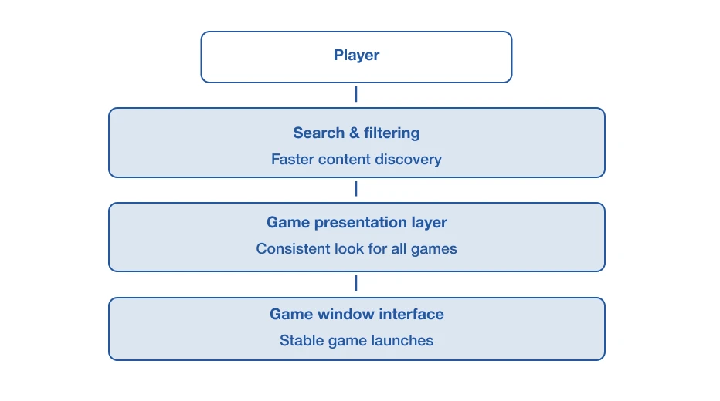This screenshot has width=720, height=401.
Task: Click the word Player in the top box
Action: tap(356, 55)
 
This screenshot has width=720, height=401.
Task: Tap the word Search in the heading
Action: tap(319, 133)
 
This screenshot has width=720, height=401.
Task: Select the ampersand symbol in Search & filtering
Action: tap(354, 133)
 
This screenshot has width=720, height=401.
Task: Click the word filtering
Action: tap(392, 133)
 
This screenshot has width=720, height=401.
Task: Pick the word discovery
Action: tap(408, 160)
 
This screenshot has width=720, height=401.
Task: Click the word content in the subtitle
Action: tap(344, 160)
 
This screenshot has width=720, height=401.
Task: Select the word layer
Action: tap(430, 223)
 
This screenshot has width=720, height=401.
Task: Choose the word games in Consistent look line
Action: tap(434, 249)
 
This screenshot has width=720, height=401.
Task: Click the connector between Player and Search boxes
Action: tap(356, 94)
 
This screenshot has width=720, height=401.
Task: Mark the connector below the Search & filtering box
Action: tap(356, 189)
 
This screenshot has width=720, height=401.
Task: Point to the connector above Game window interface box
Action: tap(356, 283)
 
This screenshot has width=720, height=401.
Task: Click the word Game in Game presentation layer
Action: tap(288, 222)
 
